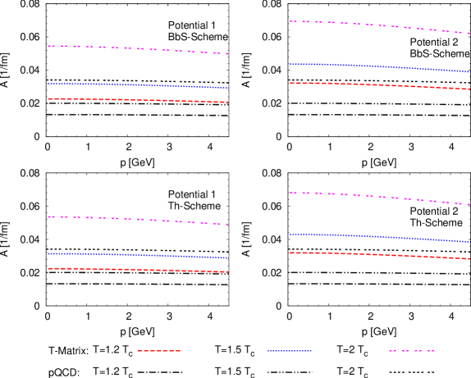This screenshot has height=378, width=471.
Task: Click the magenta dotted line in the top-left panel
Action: click(x=139, y=48)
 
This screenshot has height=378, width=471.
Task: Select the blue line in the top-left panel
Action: click(x=139, y=84)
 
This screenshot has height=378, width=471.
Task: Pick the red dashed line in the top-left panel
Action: click(x=139, y=100)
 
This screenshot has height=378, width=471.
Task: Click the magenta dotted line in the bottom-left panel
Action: click(x=139, y=219)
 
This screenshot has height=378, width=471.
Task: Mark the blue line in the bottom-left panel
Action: click(x=139, y=255)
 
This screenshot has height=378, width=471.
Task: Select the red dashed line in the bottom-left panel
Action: click(x=139, y=270)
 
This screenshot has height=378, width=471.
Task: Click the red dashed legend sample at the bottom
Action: click(x=160, y=350)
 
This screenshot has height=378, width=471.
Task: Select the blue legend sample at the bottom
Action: click(x=289, y=350)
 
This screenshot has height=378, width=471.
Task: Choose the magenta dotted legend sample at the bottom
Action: click(x=412, y=350)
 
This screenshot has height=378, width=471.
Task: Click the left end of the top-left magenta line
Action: click(x=48, y=46)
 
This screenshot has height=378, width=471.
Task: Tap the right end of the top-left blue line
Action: click(x=227, y=88)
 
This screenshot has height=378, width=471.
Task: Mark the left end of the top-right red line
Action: click(x=290, y=83)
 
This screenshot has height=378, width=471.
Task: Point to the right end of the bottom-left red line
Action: click(x=227, y=271)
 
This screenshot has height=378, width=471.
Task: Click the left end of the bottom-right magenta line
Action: click(x=290, y=193)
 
